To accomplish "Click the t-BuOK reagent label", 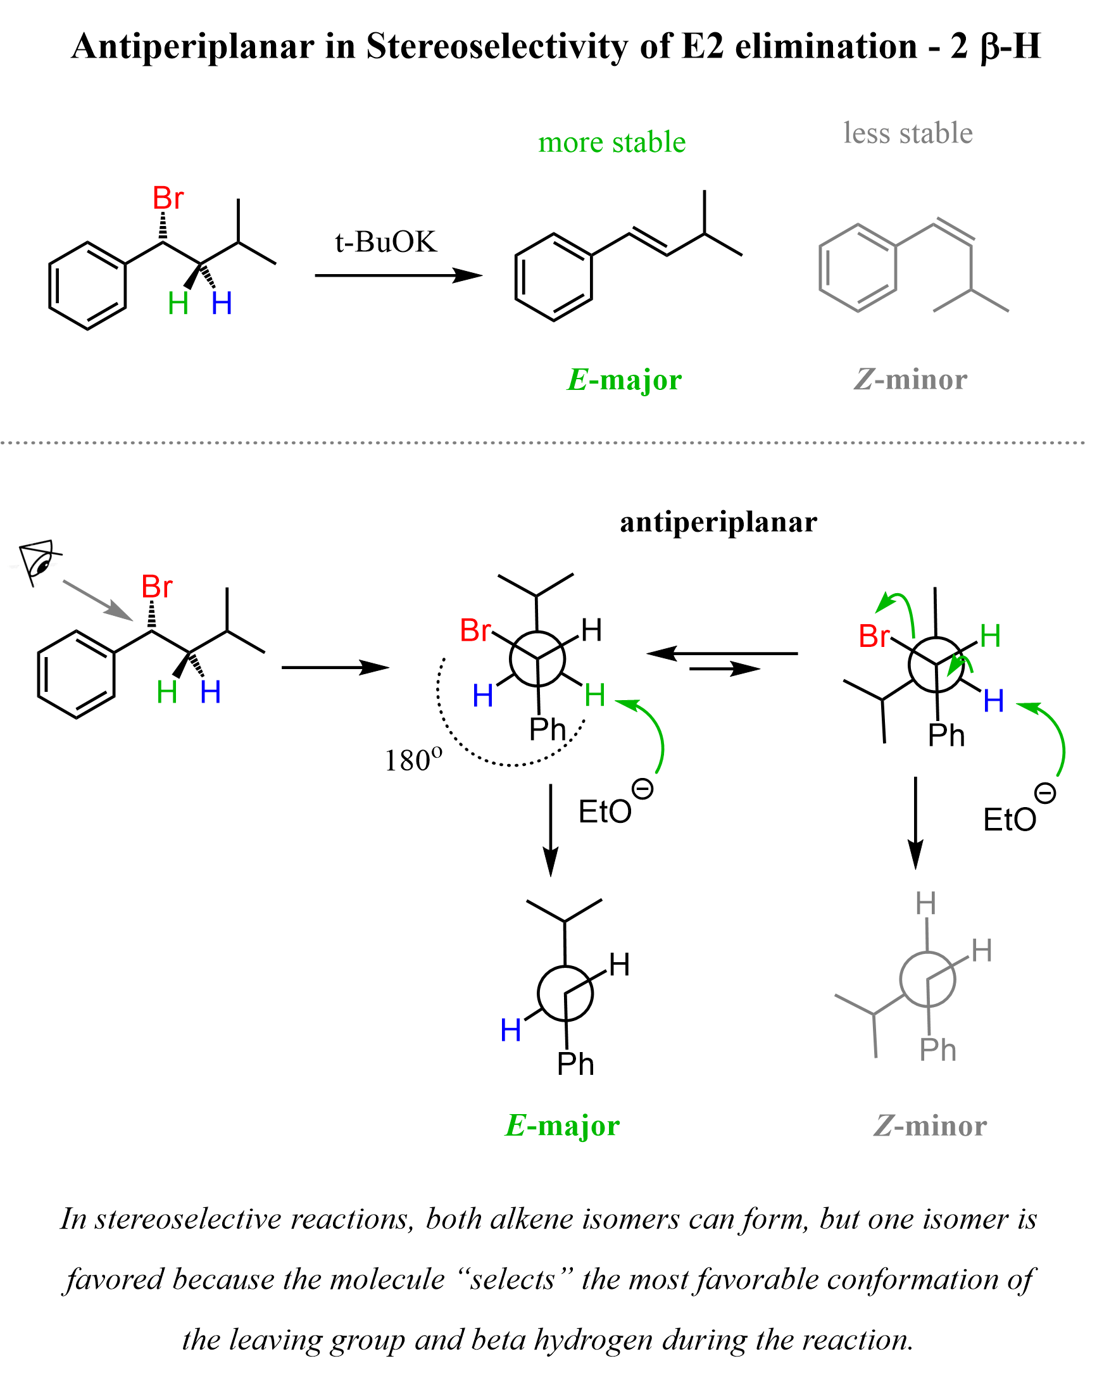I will (x=386, y=242).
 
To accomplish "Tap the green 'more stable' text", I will (x=612, y=142).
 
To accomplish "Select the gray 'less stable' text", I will (x=908, y=133).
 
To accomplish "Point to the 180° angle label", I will (x=413, y=760).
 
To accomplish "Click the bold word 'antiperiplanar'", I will (x=718, y=522).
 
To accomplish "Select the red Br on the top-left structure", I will (x=168, y=199).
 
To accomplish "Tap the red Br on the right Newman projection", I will (x=874, y=636).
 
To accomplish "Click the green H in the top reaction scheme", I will (x=179, y=304).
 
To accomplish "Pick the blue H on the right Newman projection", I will (x=993, y=701).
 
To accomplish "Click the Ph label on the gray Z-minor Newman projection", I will (x=937, y=1050).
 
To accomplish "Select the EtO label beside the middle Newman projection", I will (x=605, y=812).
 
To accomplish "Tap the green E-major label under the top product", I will (x=624, y=380).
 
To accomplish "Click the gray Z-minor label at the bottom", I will (x=929, y=1126).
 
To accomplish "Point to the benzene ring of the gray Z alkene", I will (x=857, y=268).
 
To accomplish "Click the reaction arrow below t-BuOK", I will (x=398, y=276).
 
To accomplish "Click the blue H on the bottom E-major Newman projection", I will (x=511, y=1031).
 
